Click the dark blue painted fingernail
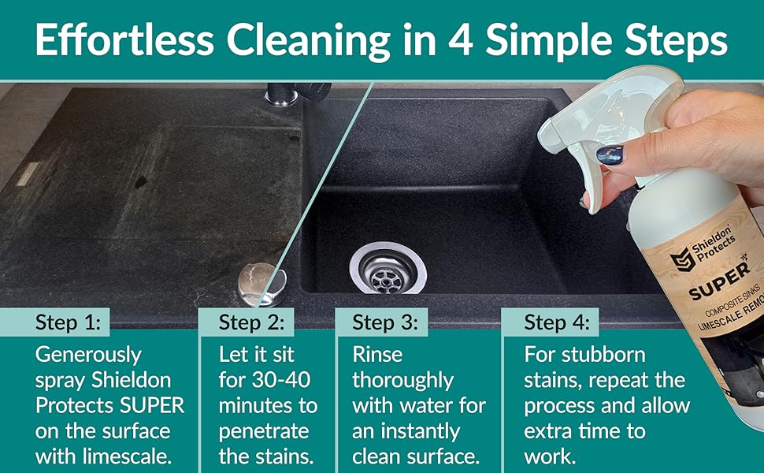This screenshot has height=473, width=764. [610, 155]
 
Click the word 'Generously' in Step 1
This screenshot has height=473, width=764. [88, 354]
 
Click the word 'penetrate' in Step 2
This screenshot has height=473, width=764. [261, 431]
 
